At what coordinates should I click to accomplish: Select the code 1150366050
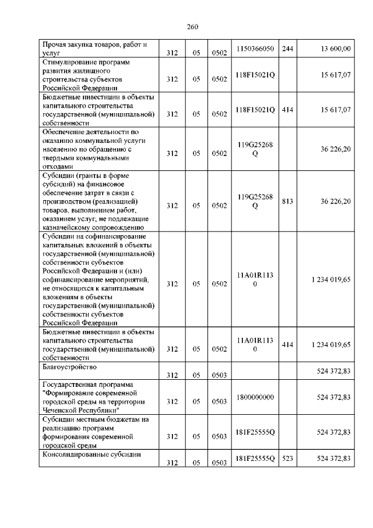[255, 48]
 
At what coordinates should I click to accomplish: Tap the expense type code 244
[287, 48]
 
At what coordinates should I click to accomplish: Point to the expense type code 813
[287, 201]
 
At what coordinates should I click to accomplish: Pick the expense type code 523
[287, 459]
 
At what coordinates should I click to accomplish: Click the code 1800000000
[255, 397]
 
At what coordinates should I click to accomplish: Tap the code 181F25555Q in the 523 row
[255, 459]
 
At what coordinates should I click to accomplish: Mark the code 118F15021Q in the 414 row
[255, 110]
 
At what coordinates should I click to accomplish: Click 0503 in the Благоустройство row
[219, 375]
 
